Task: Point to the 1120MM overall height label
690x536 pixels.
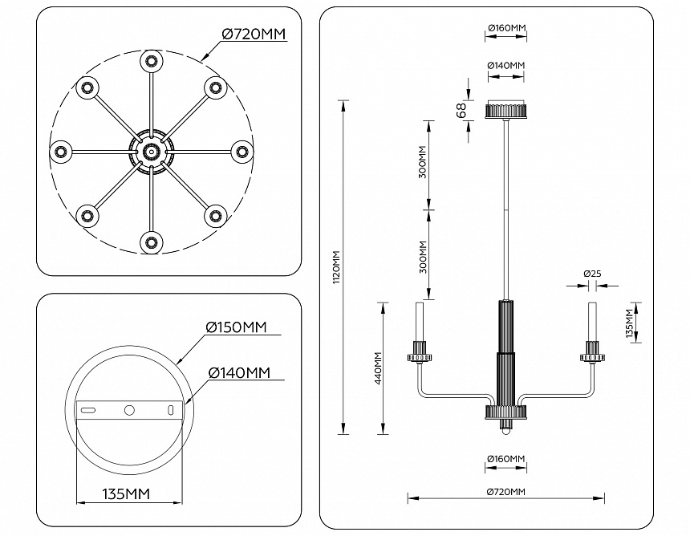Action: [337, 266]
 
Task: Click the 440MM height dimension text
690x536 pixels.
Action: [378, 368]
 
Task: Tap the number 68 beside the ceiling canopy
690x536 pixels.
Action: [461, 111]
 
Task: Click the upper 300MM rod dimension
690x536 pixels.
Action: [423, 164]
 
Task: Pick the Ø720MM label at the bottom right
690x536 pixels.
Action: [505, 491]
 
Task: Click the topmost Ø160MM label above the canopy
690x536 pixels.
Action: [506, 28]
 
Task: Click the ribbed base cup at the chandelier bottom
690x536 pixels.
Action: [505, 412]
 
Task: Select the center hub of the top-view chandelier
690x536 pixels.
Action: [150, 150]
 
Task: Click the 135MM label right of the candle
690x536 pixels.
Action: [631, 322]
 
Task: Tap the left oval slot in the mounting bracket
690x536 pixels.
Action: [87, 410]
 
